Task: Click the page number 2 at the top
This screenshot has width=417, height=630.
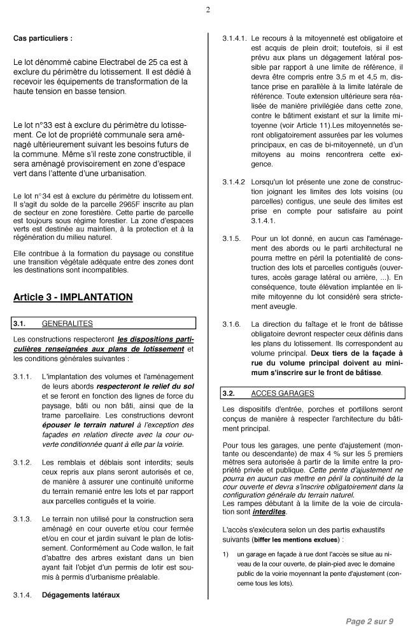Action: (x=208, y=10)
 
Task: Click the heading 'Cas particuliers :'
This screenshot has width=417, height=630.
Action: (x=43, y=38)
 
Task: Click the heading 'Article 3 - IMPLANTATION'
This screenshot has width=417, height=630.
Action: (x=73, y=297)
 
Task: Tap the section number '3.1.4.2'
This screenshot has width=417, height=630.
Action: (x=234, y=182)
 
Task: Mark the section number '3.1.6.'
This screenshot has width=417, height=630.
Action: (x=231, y=324)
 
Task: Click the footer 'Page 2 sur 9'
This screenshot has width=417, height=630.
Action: (x=370, y=620)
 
